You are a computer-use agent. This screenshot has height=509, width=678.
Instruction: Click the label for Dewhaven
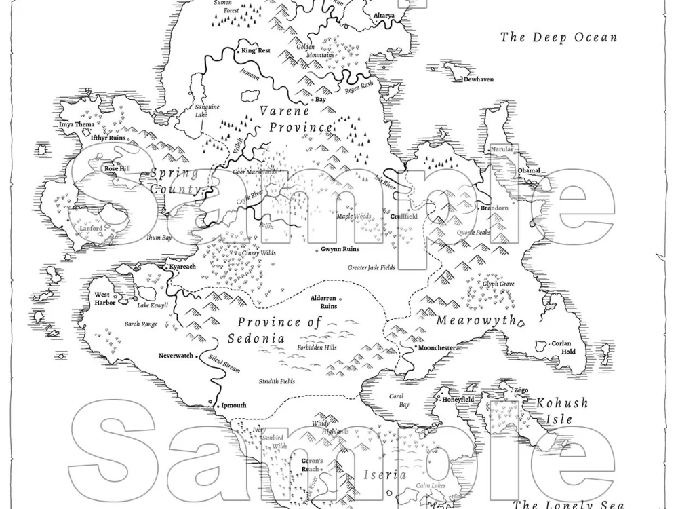478,79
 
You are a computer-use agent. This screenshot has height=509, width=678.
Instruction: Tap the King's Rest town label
256,50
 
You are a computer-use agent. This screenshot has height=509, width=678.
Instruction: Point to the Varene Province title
294,119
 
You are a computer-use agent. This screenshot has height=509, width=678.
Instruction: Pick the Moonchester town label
437,347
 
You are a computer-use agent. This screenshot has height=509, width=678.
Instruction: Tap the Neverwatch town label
176,356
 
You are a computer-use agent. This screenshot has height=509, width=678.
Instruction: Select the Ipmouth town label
234,405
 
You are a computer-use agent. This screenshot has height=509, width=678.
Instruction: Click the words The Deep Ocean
559,37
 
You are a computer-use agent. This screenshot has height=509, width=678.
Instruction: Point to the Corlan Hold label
563,347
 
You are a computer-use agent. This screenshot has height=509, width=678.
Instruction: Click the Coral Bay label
399,400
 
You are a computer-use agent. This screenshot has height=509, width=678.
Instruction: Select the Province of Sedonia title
279,330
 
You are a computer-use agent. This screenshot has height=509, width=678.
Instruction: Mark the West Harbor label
105,299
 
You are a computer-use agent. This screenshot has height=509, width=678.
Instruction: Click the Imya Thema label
77,124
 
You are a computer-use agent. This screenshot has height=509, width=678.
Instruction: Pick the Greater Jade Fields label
371,267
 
